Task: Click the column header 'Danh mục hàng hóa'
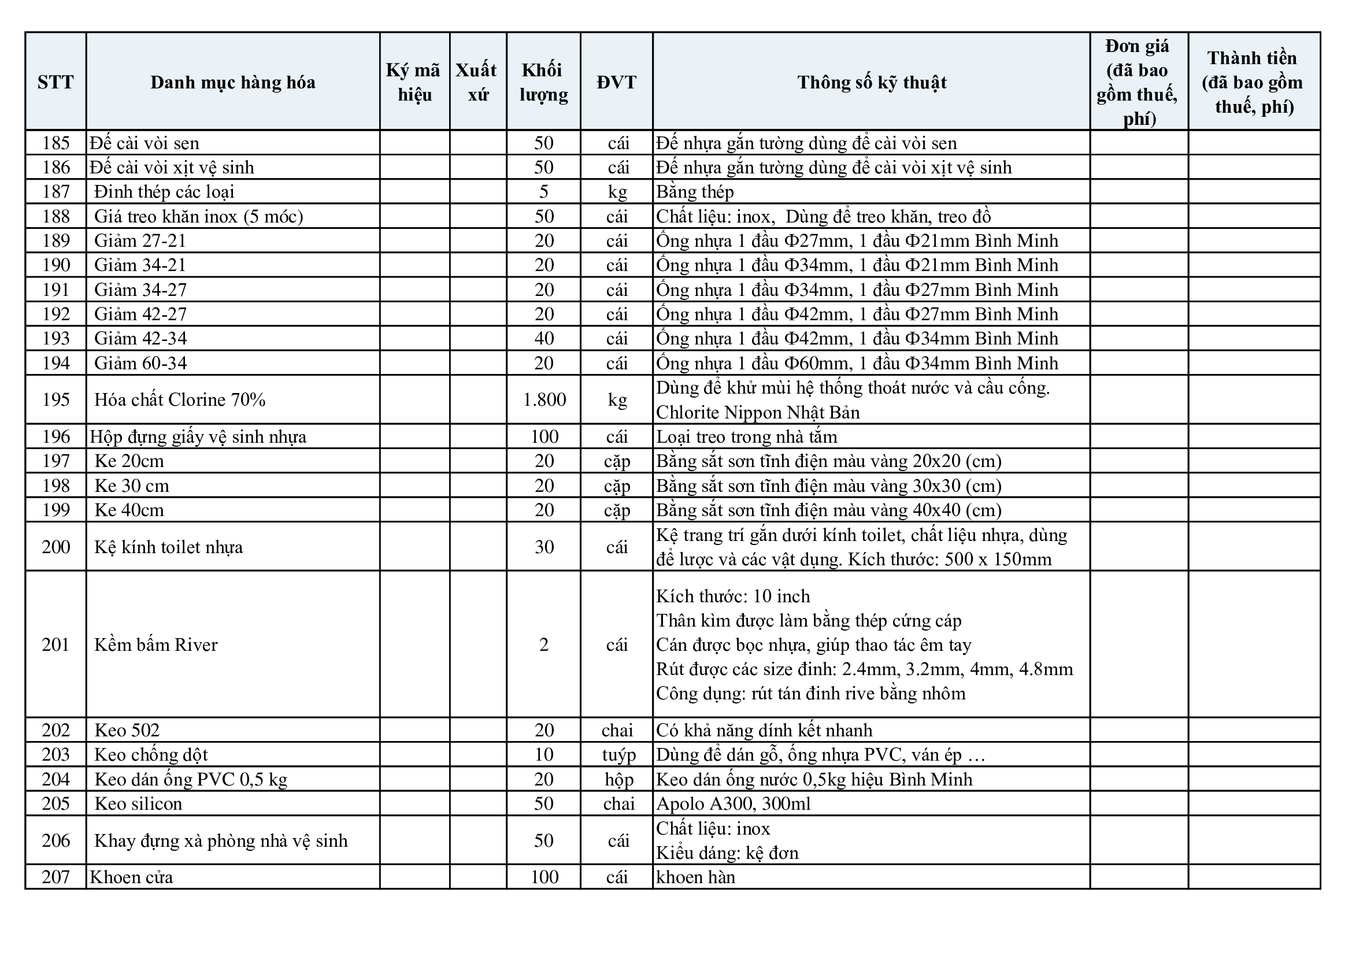click(x=232, y=82)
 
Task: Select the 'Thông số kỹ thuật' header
click(x=872, y=82)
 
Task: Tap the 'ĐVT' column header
click(x=617, y=82)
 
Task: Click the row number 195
click(x=56, y=400)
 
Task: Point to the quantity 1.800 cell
click(x=544, y=400)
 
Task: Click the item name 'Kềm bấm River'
click(x=156, y=644)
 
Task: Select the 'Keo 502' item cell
click(x=127, y=730)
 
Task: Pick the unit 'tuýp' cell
click(x=618, y=755)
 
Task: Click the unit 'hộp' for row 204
click(x=618, y=779)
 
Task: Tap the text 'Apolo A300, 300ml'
click(x=733, y=803)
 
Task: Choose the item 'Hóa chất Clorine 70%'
click(x=180, y=400)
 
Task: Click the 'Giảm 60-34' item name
click(x=140, y=362)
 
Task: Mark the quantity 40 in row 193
click(x=544, y=339)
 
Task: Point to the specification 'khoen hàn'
click(x=695, y=877)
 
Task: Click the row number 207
click(x=56, y=877)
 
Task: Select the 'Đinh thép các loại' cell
click(x=164, y=192)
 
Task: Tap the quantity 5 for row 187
click(x=543, y=192)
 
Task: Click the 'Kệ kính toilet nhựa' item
click(x=168, y=547)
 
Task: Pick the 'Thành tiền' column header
click(x=1253, y=82)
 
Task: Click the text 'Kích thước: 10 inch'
click(x=733, y=596)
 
